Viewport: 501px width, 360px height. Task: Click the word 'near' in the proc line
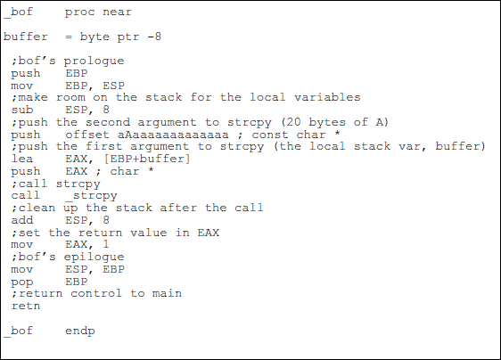117,12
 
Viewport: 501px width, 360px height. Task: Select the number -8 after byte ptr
154,37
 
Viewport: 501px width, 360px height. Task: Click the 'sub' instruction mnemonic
22,110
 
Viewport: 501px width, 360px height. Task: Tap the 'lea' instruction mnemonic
22,159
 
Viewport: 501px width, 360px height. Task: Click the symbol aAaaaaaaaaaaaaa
173,135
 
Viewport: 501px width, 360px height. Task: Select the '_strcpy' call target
92,195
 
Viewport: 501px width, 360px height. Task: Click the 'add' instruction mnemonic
22,220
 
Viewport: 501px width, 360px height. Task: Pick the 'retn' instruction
26,306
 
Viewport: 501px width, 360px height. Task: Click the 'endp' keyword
80,331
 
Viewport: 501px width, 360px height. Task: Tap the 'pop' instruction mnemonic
22,282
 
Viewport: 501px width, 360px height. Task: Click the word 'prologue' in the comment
94,61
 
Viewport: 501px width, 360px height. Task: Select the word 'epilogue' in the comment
94,258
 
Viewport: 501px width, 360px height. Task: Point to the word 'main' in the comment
167,293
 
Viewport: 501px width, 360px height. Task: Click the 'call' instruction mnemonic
26,195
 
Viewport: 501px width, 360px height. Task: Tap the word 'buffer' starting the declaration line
26,37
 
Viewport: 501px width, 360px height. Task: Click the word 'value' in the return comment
148,233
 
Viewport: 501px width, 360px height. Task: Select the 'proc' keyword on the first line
80,12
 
